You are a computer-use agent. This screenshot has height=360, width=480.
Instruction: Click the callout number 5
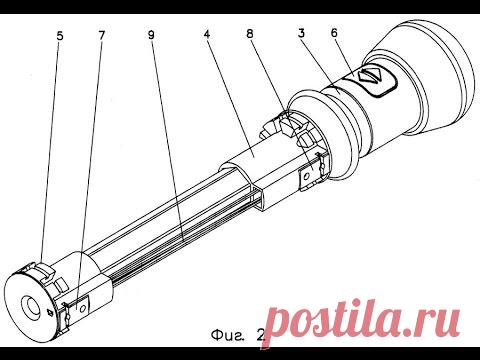click(59, 36)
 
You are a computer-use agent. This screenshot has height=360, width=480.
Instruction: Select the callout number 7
click(101, 35)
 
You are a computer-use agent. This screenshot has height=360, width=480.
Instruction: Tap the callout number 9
click(151, 35)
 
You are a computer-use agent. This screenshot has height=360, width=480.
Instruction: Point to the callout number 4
click(207, 35)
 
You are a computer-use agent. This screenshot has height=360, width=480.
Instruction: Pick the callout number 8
click(250, 34)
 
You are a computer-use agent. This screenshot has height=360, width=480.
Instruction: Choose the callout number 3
click(301, 33)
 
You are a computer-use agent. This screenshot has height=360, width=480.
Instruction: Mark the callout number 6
click(334, 33)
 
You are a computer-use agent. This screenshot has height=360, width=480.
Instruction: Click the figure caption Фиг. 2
click(238, 335)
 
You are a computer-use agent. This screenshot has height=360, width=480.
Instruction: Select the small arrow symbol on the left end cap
click(50, 312)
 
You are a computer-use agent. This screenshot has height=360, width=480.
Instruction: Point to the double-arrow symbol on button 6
click(369, 76)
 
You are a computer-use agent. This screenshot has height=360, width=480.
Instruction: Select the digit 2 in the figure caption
click(260, 334)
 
